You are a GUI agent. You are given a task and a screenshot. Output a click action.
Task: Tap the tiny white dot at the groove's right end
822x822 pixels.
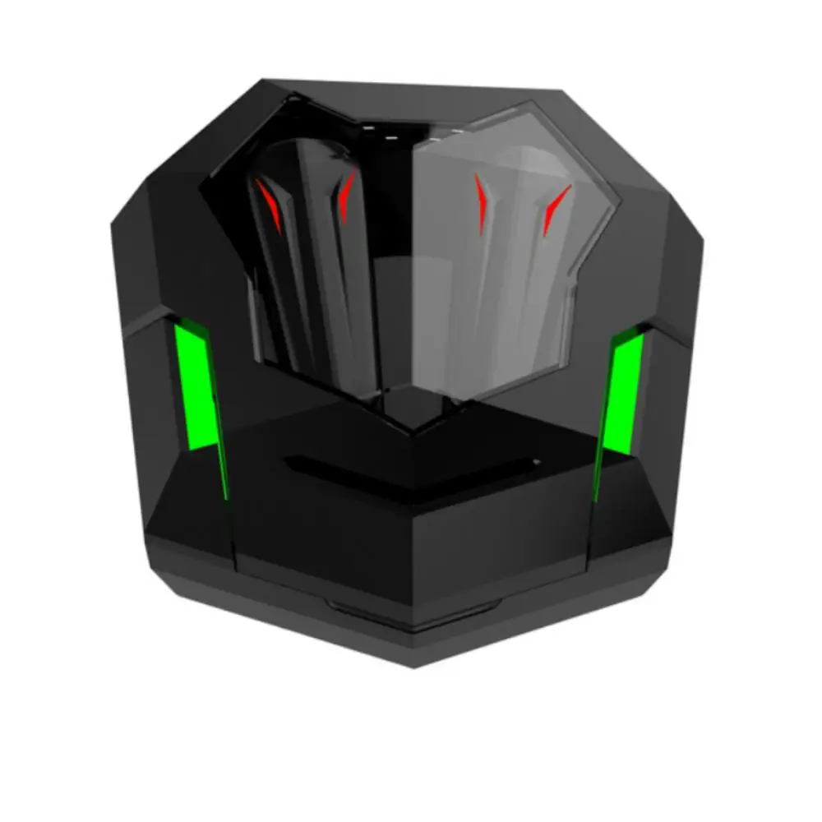(535, 462)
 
